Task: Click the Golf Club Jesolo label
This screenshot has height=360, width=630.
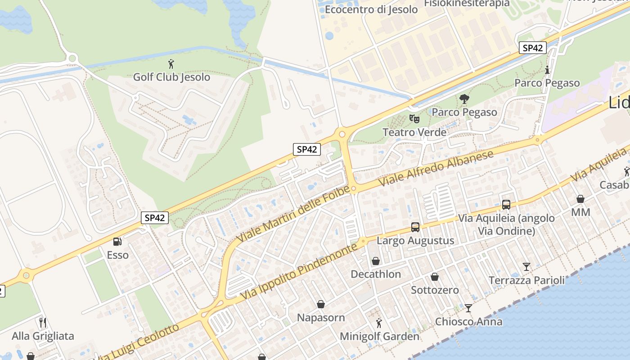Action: tap(171, 77)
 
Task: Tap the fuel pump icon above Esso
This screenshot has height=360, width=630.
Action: tap(117, 242)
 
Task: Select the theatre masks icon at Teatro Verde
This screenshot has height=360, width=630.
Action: tap(414, 119)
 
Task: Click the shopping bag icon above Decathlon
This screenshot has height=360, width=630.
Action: tap(376, 261)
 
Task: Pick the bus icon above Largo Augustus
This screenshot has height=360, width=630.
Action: tap(415, 227)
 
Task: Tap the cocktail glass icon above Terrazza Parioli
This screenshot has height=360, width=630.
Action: tap(526, 267)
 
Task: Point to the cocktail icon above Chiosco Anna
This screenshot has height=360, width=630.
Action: tap(468, 308)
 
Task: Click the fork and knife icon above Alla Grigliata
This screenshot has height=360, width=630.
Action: tap(43, 322)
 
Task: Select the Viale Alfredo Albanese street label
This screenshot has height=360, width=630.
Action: tap(436, 168)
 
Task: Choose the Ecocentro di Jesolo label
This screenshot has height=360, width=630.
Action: tap(371, 9)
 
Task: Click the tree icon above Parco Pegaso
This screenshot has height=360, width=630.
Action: tap(464, 99)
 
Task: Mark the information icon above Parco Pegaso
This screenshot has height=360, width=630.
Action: tap(547, 70)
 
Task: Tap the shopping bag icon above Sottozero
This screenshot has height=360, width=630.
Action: tap(435, 277)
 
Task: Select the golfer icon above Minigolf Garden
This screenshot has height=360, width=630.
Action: tap(379, 323)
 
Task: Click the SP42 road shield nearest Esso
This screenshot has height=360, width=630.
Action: tap(155, 218)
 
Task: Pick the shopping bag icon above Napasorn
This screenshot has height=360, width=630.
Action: tap(321, 305)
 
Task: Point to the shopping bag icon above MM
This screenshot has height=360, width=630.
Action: tap(580, 199)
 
